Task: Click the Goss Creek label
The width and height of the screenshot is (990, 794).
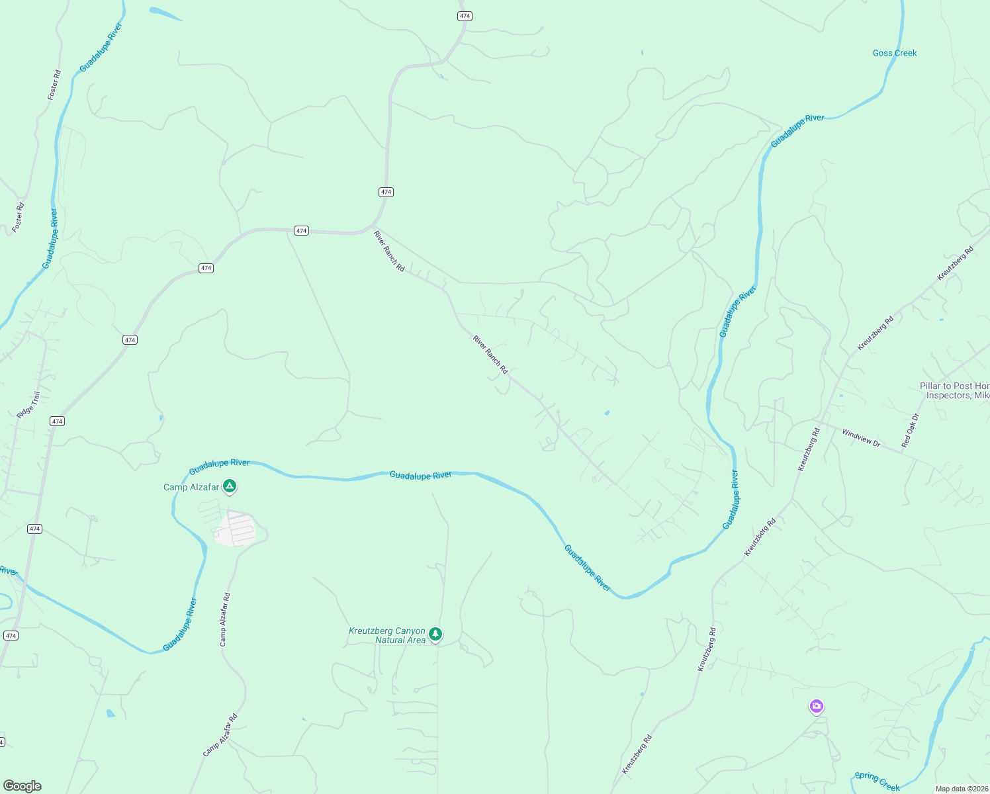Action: point(895,53)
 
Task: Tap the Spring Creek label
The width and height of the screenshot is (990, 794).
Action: point(877,781)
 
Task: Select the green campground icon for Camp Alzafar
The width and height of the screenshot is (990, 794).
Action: point(230,487)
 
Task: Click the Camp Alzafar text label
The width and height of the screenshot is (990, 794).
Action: point(191,488)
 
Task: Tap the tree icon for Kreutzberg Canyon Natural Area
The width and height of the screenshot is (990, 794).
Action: point(435,635)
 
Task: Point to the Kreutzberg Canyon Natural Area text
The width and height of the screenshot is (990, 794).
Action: point(387,635)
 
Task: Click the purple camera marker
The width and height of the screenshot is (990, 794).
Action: point(817,707)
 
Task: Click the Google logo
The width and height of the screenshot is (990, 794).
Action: point(22,786)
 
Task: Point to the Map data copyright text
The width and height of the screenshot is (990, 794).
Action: point(962,789)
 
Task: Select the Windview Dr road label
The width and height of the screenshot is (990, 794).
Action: point(861,438)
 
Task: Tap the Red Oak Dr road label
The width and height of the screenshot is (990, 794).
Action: point(911,430)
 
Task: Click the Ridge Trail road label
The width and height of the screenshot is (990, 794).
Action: point(28,405)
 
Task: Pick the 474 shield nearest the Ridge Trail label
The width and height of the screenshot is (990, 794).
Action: point(58,421)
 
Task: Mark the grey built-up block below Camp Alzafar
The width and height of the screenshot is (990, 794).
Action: point(235,529)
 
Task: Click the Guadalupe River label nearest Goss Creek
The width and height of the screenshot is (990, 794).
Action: point(797,131)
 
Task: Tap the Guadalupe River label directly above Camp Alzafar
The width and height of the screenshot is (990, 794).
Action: point(220,467)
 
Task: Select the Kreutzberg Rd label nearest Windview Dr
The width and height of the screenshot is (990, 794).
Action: point(809,449)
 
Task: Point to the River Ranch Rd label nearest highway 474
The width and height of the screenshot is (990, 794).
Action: point(389,251)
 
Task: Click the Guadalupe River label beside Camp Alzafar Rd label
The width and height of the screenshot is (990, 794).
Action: point(180,625)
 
